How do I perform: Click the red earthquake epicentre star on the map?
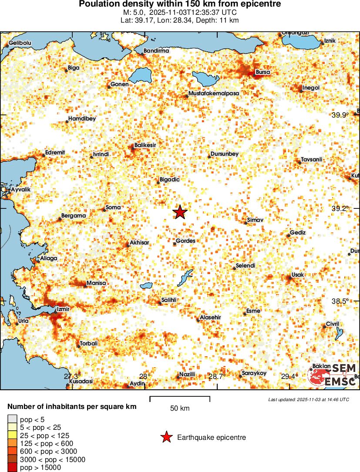180,212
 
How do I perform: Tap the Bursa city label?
263,72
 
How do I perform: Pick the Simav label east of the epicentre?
255,221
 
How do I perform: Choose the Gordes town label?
185,241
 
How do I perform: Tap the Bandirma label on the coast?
156,51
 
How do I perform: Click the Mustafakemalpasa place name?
214,93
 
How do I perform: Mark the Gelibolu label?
20,43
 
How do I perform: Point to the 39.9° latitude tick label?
340,115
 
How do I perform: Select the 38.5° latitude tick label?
340,301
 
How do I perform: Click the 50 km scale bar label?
180,408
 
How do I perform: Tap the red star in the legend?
166,437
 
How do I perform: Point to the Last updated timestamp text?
309,399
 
